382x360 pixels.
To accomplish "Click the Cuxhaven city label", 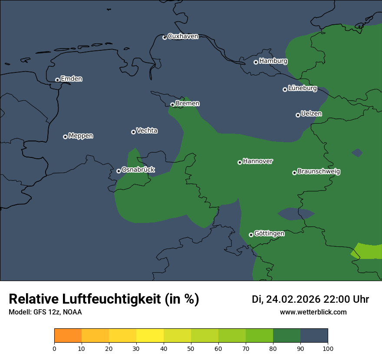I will point(183,36).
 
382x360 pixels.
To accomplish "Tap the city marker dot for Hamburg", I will point(256,62).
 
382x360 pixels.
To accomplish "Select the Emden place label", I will point(71,79).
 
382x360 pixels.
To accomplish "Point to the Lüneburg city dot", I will point(285,89).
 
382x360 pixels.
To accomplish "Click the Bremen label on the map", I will point(188,104).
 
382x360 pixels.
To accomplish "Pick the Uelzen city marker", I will point(298,115).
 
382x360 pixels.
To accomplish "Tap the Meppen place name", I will point(81,136).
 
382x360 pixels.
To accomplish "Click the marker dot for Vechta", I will point(133,132).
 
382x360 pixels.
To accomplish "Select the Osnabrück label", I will point(138,170).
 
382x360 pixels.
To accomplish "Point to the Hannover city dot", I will point(240,162).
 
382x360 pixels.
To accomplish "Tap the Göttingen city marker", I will point(251,235).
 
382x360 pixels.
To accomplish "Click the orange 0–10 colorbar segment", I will point(68,336).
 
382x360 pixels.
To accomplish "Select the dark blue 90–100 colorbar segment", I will point(314,336).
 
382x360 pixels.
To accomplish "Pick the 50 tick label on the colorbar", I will point(191,348).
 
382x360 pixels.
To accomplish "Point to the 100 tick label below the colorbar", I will point(328,348).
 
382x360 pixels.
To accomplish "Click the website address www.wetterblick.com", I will point(313,312).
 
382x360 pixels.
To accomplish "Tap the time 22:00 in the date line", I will point(339,299).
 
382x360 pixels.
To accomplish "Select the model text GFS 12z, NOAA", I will point(58,312).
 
